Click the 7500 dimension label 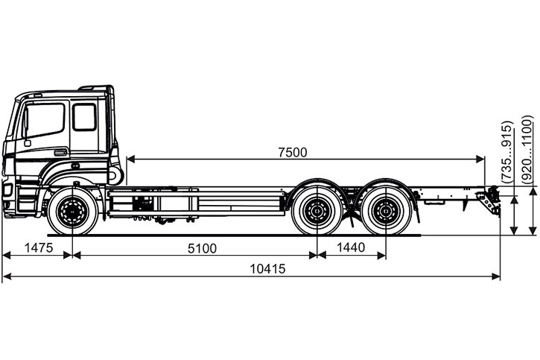click(x=292, y=151)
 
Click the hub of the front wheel click(x=72, y=212)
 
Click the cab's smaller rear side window click(x=84, y=117)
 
